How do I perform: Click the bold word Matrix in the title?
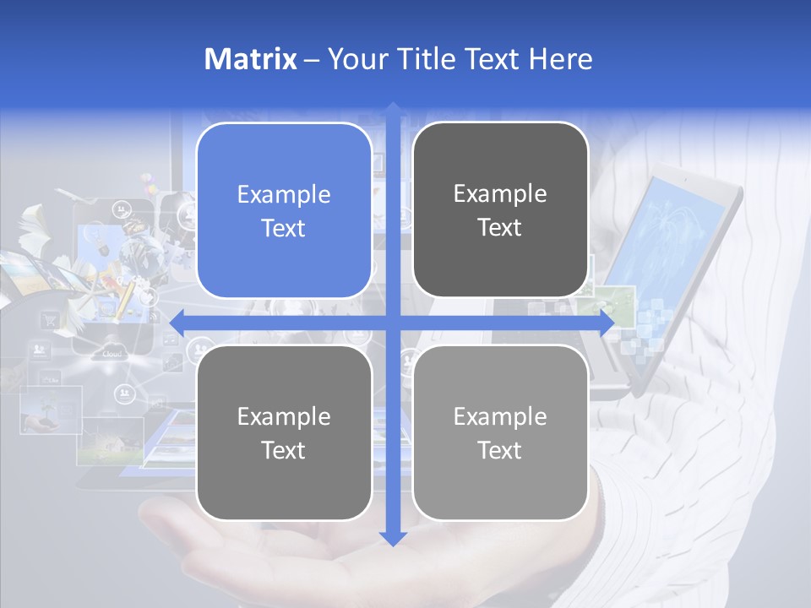[x=251, y=59]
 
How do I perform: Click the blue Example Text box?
[x=284, y=210]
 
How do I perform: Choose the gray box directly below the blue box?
[x=284, y=432]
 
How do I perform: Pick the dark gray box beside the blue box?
[x=500, y=210]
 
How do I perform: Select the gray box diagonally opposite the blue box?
[x=500, y=432]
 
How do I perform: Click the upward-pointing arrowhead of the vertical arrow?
[x=393, y=110]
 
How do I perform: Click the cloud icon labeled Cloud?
[x=112, y=353]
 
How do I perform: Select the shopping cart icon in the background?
[x=50, y=319]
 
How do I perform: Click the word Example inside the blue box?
[x=284, y=194]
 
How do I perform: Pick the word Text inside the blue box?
[x=284, y=228]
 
